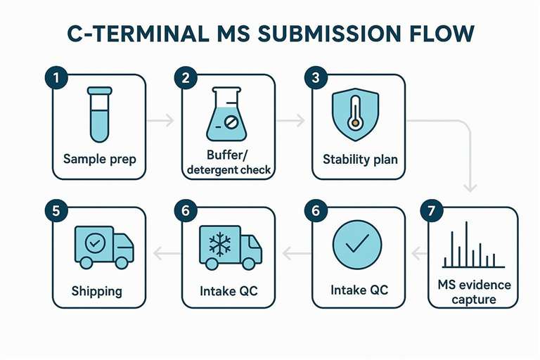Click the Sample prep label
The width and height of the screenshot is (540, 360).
tap(100, 159)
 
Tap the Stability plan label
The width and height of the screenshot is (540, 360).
tap(359, 159)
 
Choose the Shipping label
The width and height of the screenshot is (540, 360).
tap(96, 290)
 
